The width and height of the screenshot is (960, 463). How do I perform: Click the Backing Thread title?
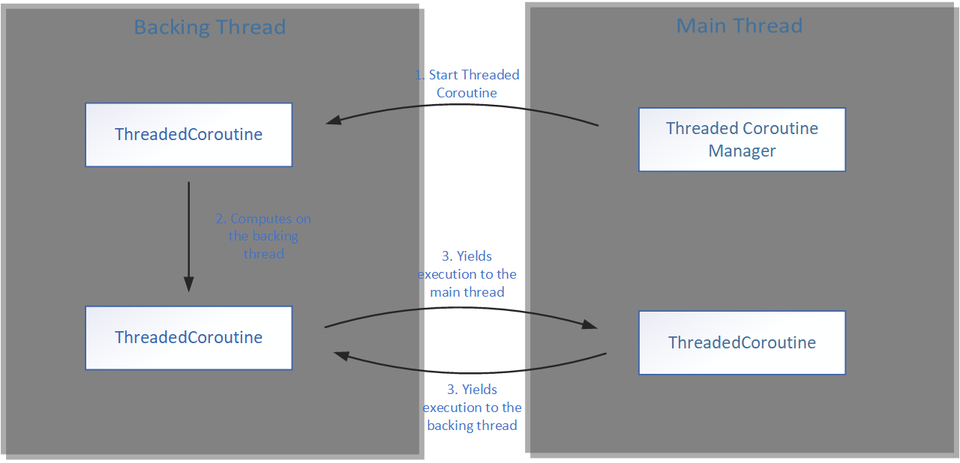pyautogui.click(x=209, y=28)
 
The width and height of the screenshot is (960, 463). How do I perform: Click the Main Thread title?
pyautogui.click(x=739, y=26)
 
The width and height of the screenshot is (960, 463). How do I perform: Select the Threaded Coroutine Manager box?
pyautogui.click(x=742, y=139)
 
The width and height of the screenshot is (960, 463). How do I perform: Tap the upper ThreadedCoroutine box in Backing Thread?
pyautogui.click(x=188, y=135)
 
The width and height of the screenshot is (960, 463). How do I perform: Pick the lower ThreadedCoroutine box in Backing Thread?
pyautogui.click(x=188, y=337)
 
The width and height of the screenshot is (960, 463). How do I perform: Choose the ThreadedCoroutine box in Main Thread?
pyautogui.click(x=742, y=342)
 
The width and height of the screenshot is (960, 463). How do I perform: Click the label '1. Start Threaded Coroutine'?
pyautogui.click(x=466, y=84)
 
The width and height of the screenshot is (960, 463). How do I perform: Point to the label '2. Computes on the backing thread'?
pyautogui.click(x=263, y=236)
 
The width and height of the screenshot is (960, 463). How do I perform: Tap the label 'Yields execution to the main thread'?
pyautogui.click(x=466, y=273)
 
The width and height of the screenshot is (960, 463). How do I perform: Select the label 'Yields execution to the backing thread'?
pyautogui.click(x=472, y=408)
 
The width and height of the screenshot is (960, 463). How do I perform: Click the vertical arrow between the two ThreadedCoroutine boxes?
pyautogui.click(x=188, y=232)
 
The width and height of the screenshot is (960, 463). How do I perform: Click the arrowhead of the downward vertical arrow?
pyautogui.click(x=188, y=284)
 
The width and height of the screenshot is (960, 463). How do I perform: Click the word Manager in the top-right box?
pyautogui.click(x=742, y=151)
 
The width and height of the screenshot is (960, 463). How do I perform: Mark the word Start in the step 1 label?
pyautogui.click(x=443, y=75)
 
